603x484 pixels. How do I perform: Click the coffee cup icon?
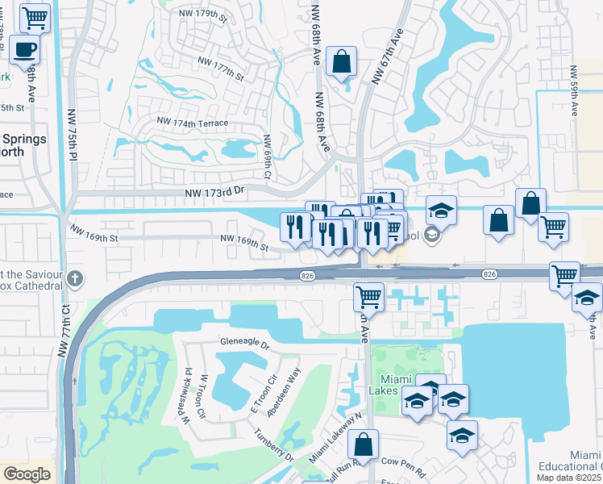click(x=24, y=50)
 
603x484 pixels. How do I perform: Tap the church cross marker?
click(x=75, y=279)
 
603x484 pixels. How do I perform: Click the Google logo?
click(x=27, y=474)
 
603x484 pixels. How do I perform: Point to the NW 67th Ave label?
click(x=387, y=56)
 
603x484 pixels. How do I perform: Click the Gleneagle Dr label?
click(x=243, y=342)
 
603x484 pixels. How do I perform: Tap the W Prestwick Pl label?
click(x=181, y=407)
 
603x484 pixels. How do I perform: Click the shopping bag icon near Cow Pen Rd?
click(x=364, y=444)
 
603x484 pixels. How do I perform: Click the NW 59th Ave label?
click(x=574, y=95)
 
